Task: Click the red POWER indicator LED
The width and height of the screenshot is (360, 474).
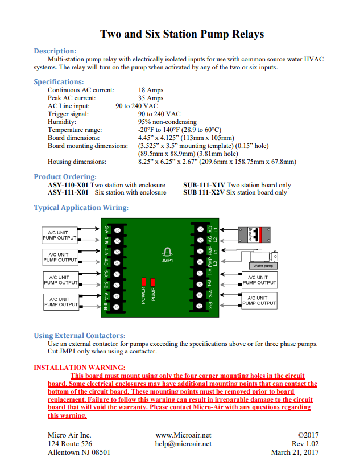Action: coord(144,282)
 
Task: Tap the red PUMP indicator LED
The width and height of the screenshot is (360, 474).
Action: coord(153,282)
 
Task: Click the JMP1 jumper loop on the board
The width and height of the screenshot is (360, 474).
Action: coord(167,252)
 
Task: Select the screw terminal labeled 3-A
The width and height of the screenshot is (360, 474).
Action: coord(117,230)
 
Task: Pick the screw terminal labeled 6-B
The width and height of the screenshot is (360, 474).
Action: coord(117,307)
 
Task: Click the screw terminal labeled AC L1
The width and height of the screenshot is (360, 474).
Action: coord(200,229)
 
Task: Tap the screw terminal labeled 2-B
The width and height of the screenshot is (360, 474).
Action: coord(199,306)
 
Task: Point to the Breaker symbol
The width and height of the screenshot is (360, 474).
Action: coord(254,235)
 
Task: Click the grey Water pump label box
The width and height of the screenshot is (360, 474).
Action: coord(263,266)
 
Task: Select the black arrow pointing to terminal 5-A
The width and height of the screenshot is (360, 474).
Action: coord(90,274)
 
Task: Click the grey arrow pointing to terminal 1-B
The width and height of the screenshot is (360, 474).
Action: coord(231,285)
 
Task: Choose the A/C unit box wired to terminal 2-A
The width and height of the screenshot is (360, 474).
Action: coord(259,300)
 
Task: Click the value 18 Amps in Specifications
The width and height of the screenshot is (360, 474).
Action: coord(151,90)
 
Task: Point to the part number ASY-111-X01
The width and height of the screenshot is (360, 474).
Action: coord(68,192)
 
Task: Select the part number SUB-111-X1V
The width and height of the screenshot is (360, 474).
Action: coord(204,185)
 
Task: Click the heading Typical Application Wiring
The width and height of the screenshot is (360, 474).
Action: coord(81,208)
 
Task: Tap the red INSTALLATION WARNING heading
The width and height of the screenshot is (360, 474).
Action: coord(80,368)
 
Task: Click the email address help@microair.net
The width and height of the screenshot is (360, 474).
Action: coord(183,444)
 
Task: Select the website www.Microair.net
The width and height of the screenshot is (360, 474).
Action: coord(183,435)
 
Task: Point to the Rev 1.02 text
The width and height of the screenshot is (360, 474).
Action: coord(305,444)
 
